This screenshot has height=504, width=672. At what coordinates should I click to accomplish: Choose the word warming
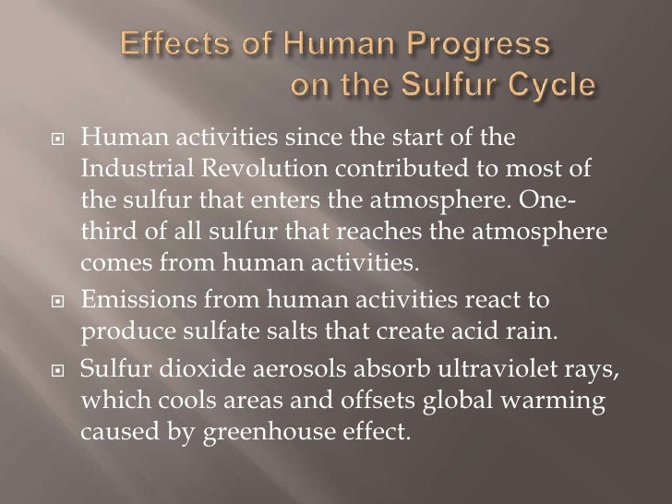[562, 370]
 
